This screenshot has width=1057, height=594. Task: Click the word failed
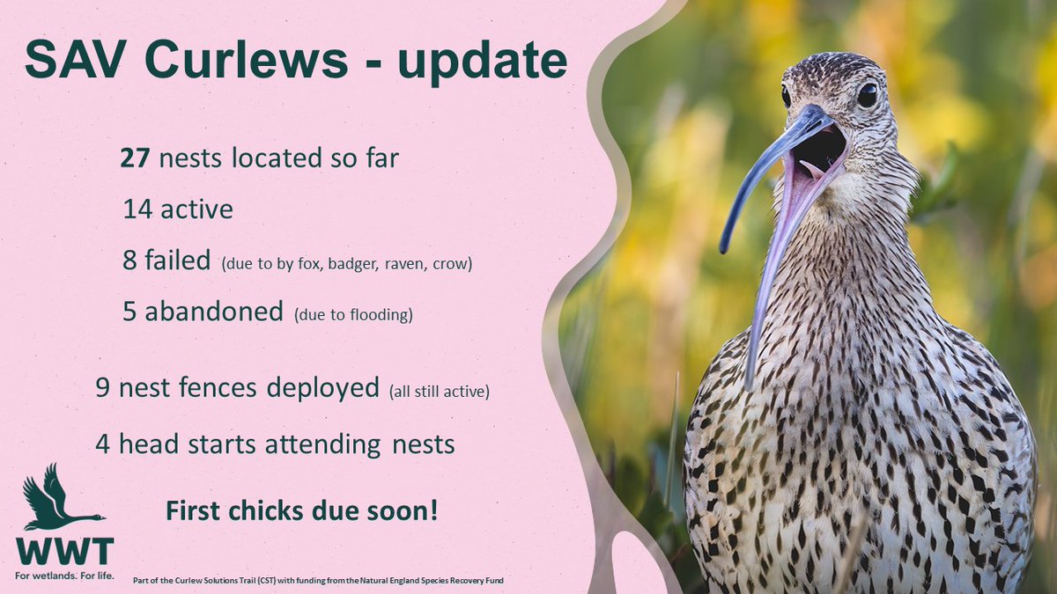pos(181,260)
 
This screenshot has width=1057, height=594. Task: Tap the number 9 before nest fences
pos(105,389)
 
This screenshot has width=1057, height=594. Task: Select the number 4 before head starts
pos(105,444)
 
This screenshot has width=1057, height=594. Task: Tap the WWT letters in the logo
pos(64,551)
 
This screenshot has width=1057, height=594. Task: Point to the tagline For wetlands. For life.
pos(64,578)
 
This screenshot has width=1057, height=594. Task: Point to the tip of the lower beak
pos(750,383)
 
